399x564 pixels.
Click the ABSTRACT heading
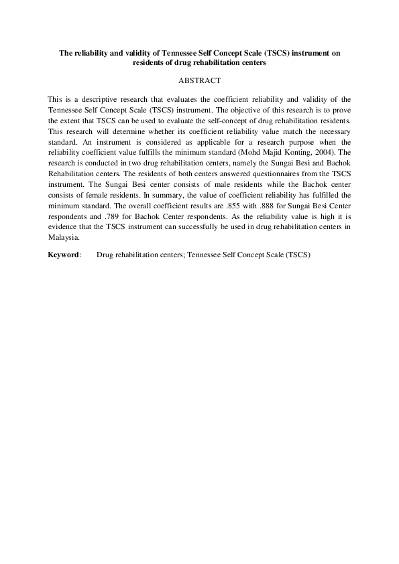(x=199, y=80)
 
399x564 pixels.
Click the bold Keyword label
(x=64, y=255)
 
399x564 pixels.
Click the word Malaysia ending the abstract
(x=64, y=237)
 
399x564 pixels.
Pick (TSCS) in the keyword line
(x=298, y=255)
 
